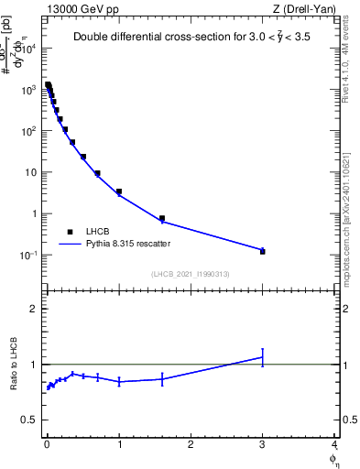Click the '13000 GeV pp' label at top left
coord(80,8)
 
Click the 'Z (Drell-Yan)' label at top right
coord(302,8)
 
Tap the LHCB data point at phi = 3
coord(263,250)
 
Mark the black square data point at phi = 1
coord(119,191)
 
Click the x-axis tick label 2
coord(191,444)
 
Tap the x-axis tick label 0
coord(47,444)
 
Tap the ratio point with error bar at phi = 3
coord(263,357)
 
